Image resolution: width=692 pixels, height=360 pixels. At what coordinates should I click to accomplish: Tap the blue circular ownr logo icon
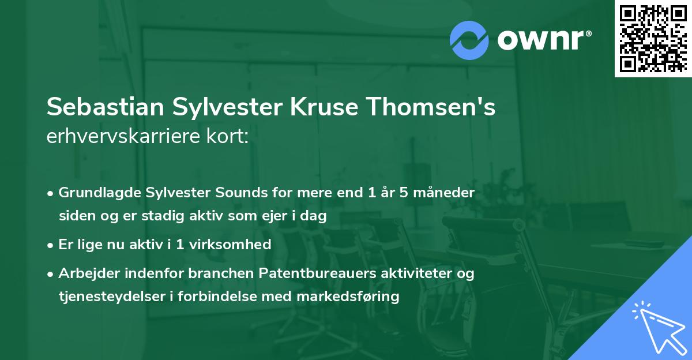coord(469,40)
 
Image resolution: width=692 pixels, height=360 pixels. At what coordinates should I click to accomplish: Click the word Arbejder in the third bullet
coord(86,273)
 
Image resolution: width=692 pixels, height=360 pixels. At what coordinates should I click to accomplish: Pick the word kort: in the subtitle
coord(230,137)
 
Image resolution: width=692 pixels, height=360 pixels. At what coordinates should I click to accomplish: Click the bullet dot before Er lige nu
coord(51,245)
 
